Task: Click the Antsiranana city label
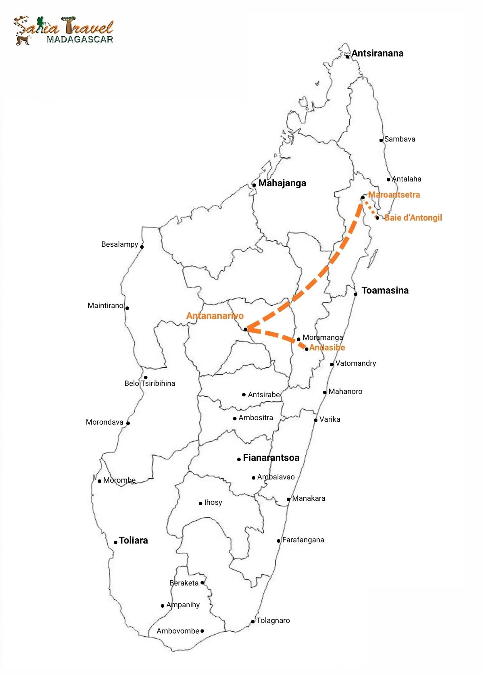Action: click(377, 53)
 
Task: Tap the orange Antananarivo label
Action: click(215, 316)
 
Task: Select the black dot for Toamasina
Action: click(356, 294)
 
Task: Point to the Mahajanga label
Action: click(282, 183)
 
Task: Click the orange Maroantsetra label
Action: click(394, 195)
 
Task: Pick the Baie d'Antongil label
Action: click(413, 218)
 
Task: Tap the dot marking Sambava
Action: click(381, 140)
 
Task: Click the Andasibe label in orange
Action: click(327, 348)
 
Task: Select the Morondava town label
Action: click(104, 422)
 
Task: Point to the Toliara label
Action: click(133, 540)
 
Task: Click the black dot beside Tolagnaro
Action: click(253, 621)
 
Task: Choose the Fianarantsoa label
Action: click(271, 458)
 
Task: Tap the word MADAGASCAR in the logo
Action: click(79, 40)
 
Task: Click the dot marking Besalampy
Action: click(142, 247)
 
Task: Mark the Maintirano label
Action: click(105, 306)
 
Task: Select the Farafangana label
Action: click(303, 540)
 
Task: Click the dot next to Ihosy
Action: click(200, 503)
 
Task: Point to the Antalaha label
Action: click(407, 179)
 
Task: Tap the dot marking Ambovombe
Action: click(202, 631)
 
